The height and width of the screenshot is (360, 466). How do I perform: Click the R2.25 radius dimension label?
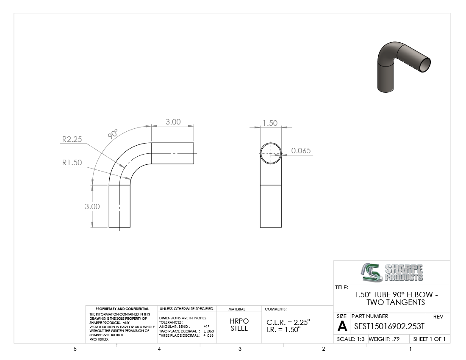(x=72, y=139)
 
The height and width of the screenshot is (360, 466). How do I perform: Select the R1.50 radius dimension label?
(x=72, y=163)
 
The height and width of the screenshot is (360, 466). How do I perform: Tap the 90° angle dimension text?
(x=113, y=134)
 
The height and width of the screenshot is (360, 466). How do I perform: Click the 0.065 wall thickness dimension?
(x=301, y=151)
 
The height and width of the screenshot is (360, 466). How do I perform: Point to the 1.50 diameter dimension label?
(x=270, y=123)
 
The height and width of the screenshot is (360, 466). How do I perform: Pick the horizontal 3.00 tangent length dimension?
(x=173, y=122)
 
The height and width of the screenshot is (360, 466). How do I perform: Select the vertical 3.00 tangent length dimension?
(x=92, y=206)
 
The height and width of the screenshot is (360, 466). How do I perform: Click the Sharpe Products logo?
(x=392, y=272)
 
